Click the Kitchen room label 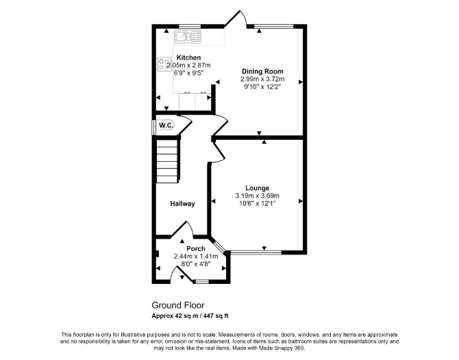tap(188, 58)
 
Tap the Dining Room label tap(262, 71)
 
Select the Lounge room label tap(258, 188)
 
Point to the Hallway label tap(183, 204)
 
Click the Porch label tap(196, 249)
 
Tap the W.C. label tap(166, 125)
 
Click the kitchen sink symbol tap(188, 36)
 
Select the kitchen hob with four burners tap(165, 64)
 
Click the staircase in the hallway tap(167, 161)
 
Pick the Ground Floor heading tap(178, 305)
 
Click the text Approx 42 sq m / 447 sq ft tap(190, 316)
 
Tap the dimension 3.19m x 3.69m tap(258, 195)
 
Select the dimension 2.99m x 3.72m tap(262, 79)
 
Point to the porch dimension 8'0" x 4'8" tap(196, 263)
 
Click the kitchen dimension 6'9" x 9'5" tap(188, 73)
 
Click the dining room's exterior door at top tap(236, 18)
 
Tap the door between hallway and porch tap(182, 228)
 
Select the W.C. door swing tap(184, 125)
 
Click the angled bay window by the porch tap(219, 245)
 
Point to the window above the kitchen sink tap(190, 26)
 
